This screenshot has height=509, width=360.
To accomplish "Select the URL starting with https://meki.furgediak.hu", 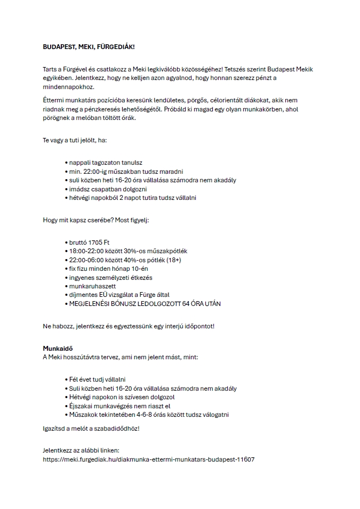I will (x=148, y=458).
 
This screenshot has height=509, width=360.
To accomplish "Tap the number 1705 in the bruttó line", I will (x=97, y=243).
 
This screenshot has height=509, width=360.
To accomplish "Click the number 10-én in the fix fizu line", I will (x=135, y=269).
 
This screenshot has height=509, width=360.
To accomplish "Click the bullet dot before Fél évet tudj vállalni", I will (x=66, y=379).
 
